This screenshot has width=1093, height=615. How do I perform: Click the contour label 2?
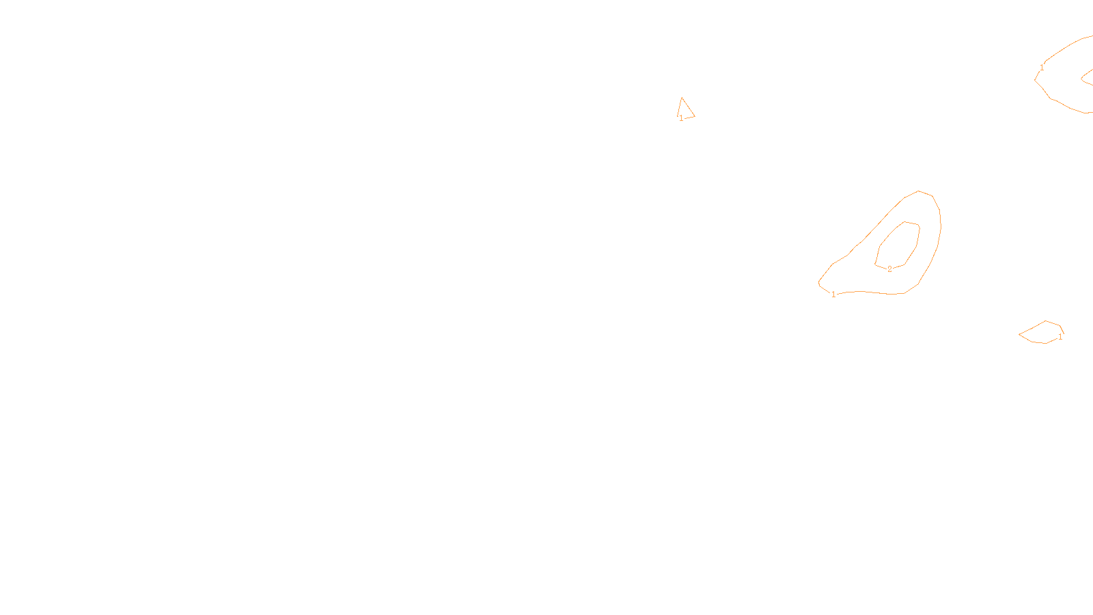pyautogui.click(x=889, y=269)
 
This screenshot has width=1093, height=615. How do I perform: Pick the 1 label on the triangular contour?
pyautogui.click(x=681, y=118)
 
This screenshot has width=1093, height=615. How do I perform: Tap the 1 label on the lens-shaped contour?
pyautogui.click(x=1060, y=337)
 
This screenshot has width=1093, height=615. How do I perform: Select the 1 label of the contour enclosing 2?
pyautogui.click(x=833, y=295)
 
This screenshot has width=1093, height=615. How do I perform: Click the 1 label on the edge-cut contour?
pyautogui.click(x=1042, y=67)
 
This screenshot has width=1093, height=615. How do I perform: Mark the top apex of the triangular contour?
pyautogui.click(x=682, y=98)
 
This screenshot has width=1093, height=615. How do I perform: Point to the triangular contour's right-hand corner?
pyautogui.click(x=695, y=116)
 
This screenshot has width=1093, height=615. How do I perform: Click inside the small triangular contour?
pyautogui.click(x=684, y=111)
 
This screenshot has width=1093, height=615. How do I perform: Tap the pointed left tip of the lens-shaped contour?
pyautogui.click(x=1019, y=335)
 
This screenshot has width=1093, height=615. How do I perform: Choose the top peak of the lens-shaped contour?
pyautogui.click(x=1046, y=320)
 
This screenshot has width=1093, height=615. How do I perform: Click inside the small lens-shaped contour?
pyautogui.click(x=1042, y=333)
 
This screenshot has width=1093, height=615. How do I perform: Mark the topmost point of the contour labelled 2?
pyautogui.click(x=906, y=221)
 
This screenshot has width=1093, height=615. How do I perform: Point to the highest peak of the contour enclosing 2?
pyautogui.click(x=919, y=191)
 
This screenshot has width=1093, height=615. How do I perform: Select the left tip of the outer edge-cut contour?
pyautogui.click(x=1035, y=81)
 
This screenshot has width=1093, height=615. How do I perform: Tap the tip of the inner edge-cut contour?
pyautogui.click(x=1081, y=79)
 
